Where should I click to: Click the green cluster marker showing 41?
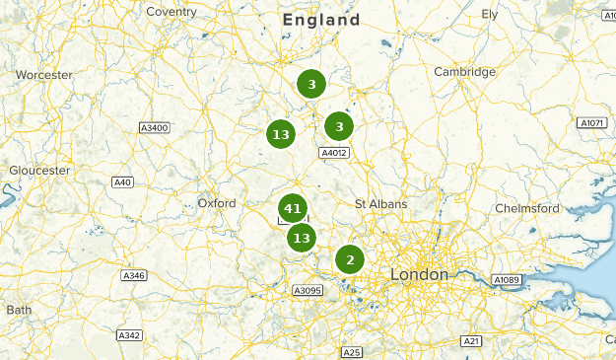pyautogui.click(x=292, y=208)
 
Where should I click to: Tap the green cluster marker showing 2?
pyautogui.click(x=349, y=259)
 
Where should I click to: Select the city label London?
pyautogui.click(x=419, y=273)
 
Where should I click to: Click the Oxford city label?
pyautogui.click(x=217, y=203)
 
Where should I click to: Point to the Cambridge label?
pyautogui.click(x=464, y=72)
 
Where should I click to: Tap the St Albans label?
pyautogui.click(x=380, y=203)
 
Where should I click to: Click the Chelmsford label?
pyautogui.click(x=526, y=208)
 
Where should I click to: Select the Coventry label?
pyautogui.click(x=171, y=11)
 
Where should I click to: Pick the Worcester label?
pyautogui.click(x=44, y=75)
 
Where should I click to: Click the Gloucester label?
pyautogui.click(x=39, y=171)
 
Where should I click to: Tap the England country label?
pyautogui.click(x=320, y=20)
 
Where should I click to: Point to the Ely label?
pyautogui.click(x=490, y=14)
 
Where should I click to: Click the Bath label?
pyautogui.click(x=18, y=310)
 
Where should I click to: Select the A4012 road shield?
pyautogui.click(x=335, y=153)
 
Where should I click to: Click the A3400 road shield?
pyautogui.click(x=155, y=128)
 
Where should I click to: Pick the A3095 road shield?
pyautogui.click(x=308, y=290)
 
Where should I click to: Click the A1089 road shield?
pyautogui.click(x=507, y=281)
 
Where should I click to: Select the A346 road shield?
pyautogui.click(x=133, y=275)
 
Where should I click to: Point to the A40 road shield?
pyautogui.click(x=122, y=182)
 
